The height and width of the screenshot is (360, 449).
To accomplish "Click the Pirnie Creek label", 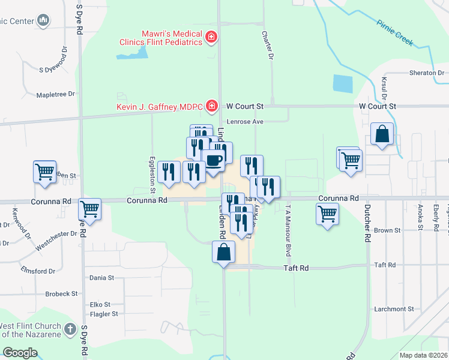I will pyautogui.click(x=395, y=33).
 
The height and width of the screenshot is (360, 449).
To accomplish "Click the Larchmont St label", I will pyautogui.click(x=394, y=309).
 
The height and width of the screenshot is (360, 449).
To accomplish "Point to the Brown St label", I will pyautogui.click(x=387, y=230).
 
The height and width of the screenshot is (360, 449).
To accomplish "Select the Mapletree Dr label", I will pyautogui.click(x=55, y=94).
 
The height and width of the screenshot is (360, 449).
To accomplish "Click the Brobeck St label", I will pyautogui.click(x=62, y=294).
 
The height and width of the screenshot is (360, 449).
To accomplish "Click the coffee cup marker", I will pyautogui.click(x=214, y=160).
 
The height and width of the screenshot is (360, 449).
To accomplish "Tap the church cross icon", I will pyautogui.click(x=70, y=329).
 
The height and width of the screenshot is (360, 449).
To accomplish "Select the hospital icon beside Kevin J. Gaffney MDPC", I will pyautogui.click(x=211, y=107).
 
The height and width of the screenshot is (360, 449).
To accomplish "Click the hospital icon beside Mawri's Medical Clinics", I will pyautogui.click(x=211, y=38).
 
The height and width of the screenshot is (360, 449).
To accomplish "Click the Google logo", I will pyautogui.click(x=20, y=353).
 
